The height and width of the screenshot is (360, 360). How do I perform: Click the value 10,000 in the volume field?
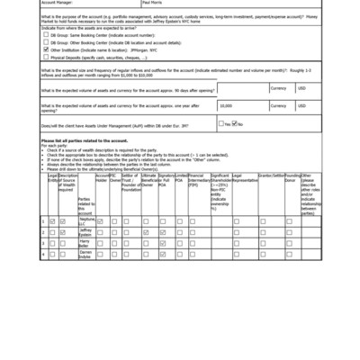click(227, 106)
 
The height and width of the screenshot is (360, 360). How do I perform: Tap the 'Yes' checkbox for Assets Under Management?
click(221, 123)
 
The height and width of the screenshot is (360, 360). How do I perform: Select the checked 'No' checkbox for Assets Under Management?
click(236, 123)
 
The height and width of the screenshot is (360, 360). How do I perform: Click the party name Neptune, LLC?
click(85, 221)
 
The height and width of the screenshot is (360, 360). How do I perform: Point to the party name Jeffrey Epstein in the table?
click(85, 232)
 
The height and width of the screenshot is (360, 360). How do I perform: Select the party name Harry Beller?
click(85, 244)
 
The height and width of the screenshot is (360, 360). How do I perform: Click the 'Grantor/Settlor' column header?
click(271, 175)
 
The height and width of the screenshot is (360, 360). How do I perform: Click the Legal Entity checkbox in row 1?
click(52, 221)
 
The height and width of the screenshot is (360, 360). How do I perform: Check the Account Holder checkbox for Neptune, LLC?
click(101, 221)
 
